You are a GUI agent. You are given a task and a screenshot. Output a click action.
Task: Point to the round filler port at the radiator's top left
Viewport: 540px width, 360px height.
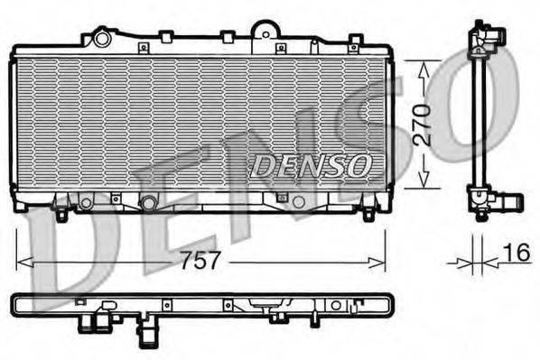[101, 38]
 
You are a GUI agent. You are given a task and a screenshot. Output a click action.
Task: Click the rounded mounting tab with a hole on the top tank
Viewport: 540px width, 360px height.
[265, 31]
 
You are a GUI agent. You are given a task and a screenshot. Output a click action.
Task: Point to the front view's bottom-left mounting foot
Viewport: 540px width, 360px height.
[61, 214]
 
